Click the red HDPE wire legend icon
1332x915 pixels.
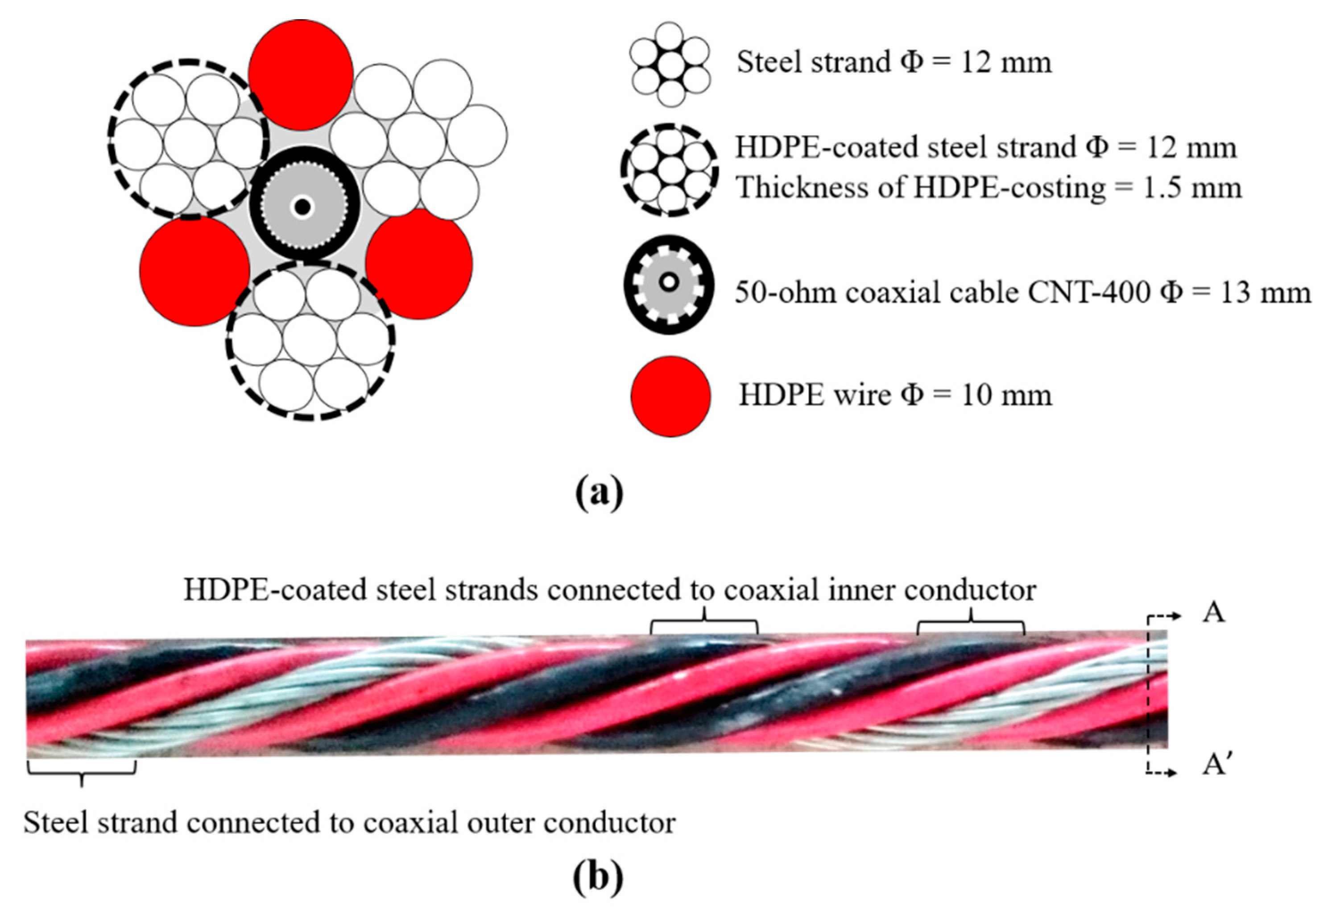coord(670,396)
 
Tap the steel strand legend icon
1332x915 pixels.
coord(670,64)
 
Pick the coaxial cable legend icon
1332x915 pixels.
coord(669,284)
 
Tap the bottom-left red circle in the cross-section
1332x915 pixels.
coord(195,271)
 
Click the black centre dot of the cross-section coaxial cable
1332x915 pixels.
coord(302,207)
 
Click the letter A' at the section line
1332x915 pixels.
coord(1213,765)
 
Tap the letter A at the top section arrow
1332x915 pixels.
coord(1213,613)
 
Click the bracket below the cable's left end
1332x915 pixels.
coord(81,770)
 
